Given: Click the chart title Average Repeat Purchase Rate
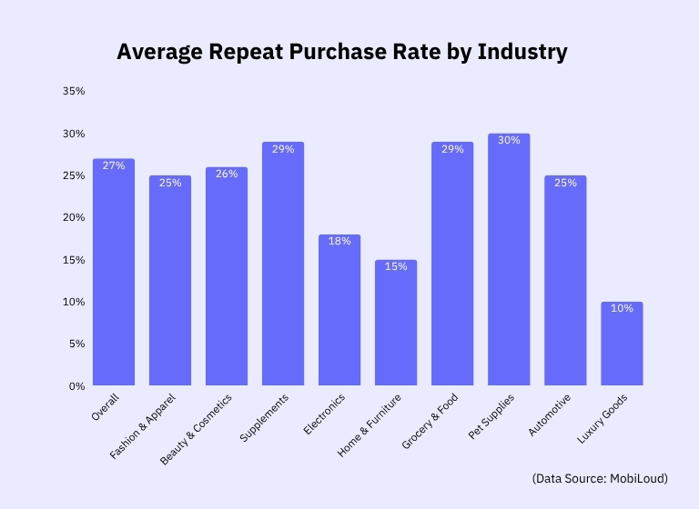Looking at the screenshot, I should coord(341,53).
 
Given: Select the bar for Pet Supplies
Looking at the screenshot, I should coord(509,264).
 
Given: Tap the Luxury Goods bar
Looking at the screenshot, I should coord(622,345).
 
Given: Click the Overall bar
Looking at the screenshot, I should coord(114,273).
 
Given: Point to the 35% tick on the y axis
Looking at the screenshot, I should coord(74,92).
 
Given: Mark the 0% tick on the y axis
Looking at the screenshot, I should coord(77,386).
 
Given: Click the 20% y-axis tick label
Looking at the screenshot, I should coord(74,218).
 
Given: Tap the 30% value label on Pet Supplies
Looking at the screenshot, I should coord(509,140).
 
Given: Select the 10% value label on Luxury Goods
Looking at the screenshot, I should coord(622,308).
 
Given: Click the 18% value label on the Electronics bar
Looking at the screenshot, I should coord(339,241).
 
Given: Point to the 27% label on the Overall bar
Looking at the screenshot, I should coord(114,165).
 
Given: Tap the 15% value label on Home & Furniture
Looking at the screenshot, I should coord(396,266).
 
